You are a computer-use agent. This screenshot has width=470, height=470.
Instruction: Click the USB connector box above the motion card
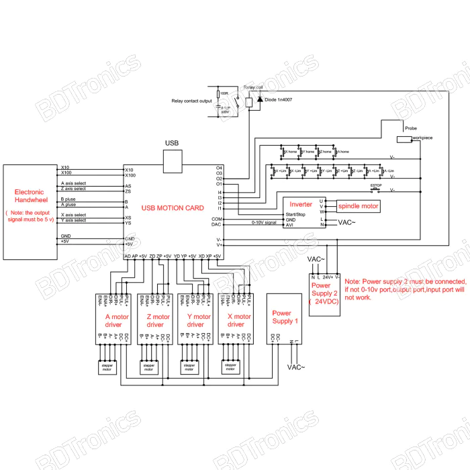pos(174,161)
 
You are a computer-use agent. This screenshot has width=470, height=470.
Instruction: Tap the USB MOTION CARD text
pos(173,209)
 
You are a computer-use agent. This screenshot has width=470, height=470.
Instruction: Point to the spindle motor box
pos(358,206)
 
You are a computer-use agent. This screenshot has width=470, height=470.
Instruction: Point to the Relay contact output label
pos(191,101)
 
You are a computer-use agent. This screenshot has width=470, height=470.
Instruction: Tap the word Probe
pos(410,126)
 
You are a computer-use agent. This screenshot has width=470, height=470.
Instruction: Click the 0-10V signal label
pos(264,222)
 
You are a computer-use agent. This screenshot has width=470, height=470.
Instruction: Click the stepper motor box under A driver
pos(107,367)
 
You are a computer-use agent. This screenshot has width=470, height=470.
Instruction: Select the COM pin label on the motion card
pos(217,220)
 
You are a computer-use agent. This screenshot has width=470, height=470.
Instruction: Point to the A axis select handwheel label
pos(73,183)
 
